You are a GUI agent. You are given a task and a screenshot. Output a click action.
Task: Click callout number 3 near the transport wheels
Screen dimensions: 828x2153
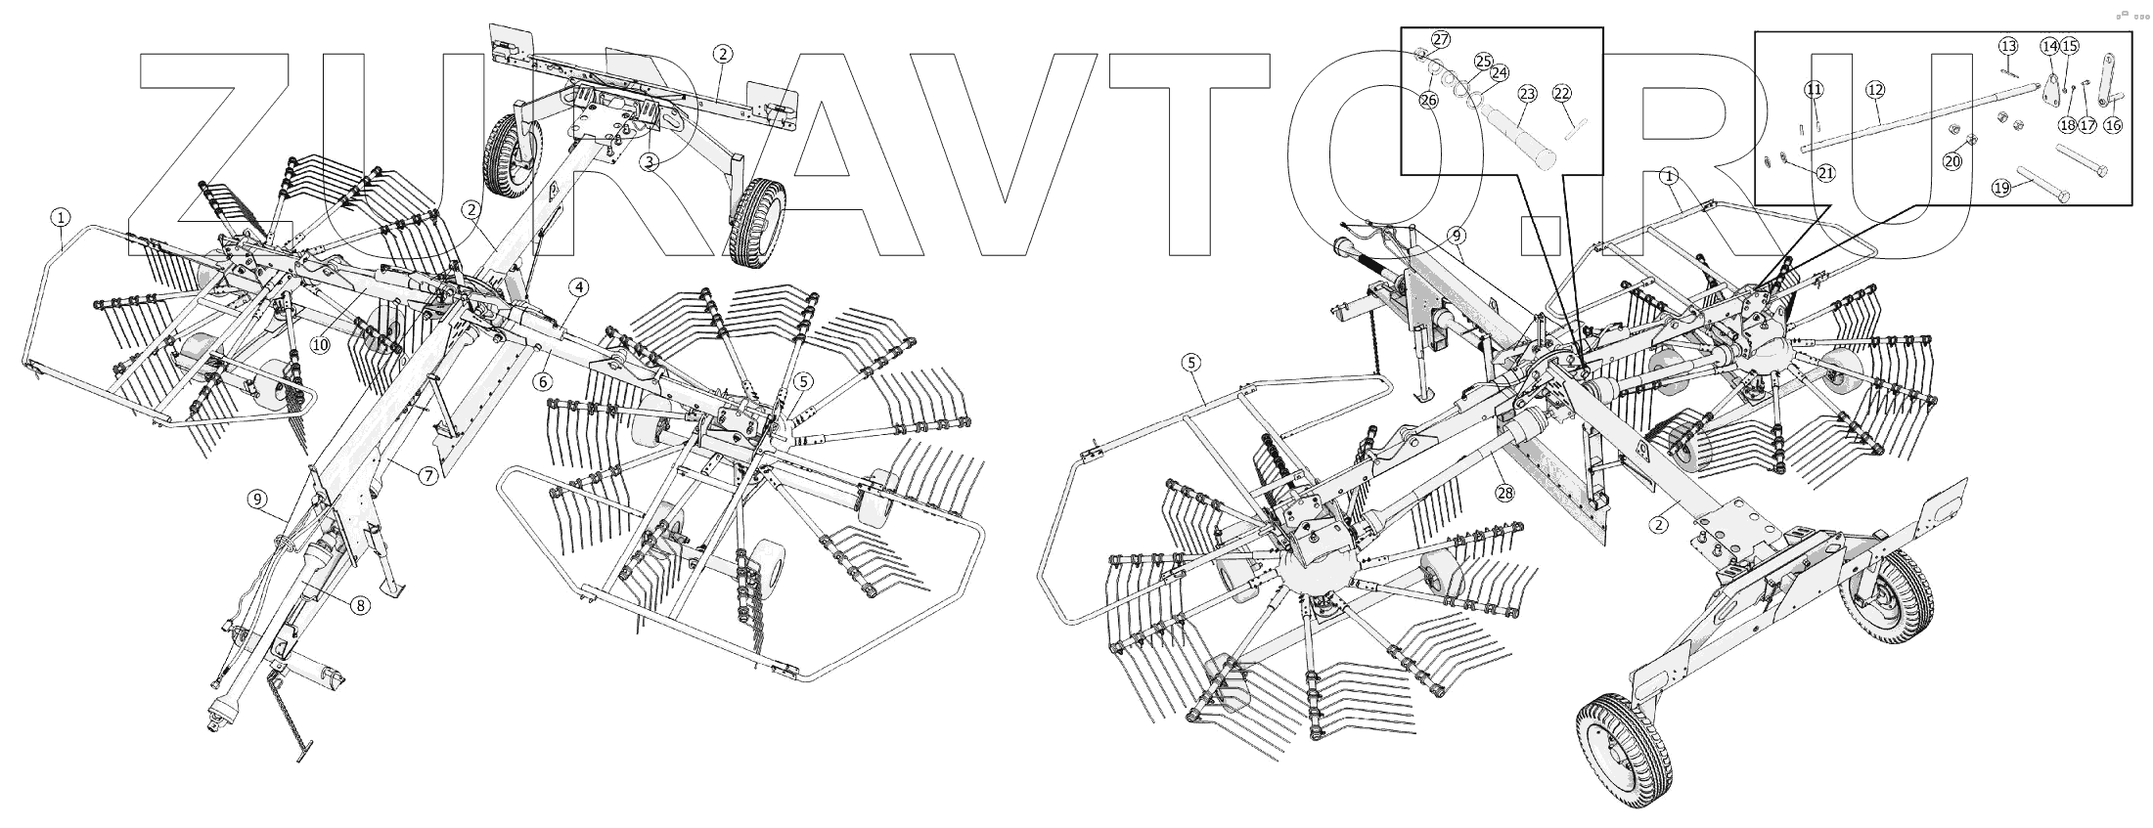[x=650, y=161]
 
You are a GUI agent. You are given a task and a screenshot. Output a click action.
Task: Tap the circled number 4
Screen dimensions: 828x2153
[x=580, y=287]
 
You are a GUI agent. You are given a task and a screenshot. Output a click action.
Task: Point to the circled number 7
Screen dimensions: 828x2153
[x=427, y=476]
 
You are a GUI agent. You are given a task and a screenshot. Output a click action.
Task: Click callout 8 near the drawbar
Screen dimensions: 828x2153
[x=360, y=606]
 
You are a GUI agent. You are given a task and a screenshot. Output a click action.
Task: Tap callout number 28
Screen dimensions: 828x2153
[x=1504, y=493]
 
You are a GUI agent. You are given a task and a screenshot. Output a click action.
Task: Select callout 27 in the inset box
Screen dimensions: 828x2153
[x=1441, y=39]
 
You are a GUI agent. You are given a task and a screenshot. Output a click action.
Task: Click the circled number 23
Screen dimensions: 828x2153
[x=1527, y=94]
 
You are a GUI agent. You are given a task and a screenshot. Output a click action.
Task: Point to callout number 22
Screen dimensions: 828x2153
[x=1562, y=94]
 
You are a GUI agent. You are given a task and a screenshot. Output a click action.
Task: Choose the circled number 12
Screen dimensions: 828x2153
[x=1875, y=90]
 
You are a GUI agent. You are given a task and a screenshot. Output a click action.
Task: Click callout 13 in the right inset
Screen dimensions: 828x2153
[x=2008, y=47]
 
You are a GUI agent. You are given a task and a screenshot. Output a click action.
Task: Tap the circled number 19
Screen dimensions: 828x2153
[x=2001, y=187]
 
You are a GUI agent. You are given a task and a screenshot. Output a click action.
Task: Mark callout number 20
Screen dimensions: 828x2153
[x=1952, y=161]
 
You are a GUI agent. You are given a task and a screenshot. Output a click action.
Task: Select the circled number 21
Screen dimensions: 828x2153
[x=1825, y=173]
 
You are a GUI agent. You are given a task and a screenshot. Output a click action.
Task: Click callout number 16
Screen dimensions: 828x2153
[x=2113, y=125]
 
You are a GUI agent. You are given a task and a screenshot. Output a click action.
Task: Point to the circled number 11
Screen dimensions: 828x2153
[x=1815, y=90]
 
